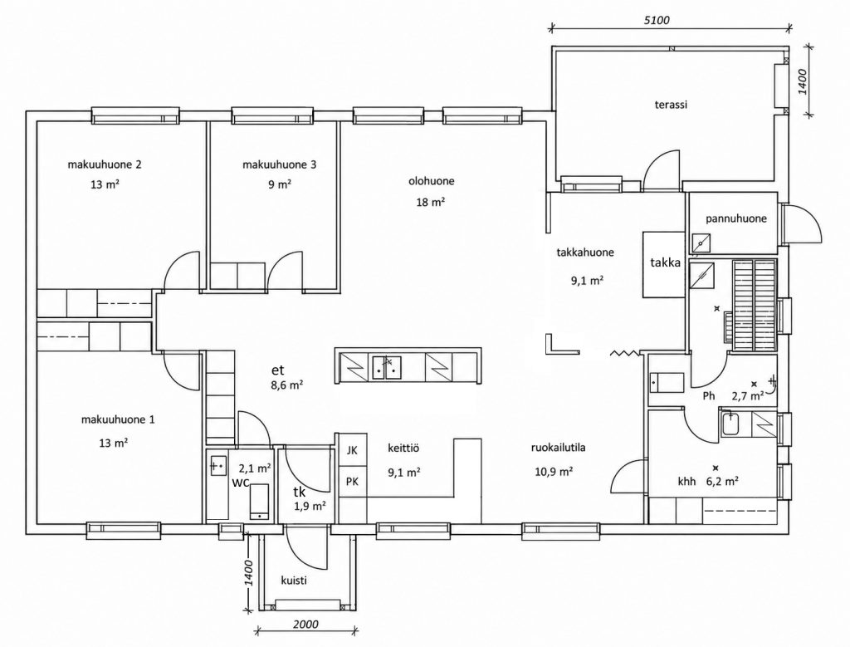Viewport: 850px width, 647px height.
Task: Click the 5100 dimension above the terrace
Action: click(x=657, y=21)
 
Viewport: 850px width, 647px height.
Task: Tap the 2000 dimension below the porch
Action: click(x=305, y=625)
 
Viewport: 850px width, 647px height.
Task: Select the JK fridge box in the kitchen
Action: click(x=352, y=449)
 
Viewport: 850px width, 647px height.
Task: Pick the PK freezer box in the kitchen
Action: click(x=352, y=482)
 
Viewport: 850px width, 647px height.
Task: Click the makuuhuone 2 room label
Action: click(x=105, y=164)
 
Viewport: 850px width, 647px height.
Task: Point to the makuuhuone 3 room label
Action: click(x=279, y=164)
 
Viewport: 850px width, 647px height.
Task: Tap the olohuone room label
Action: click(x=432, y=181)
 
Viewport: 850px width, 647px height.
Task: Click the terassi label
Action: click(x=671, y=105)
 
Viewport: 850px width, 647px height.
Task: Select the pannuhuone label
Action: click(x=736, y=218)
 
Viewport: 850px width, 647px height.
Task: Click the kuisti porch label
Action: click(x=294, y=581)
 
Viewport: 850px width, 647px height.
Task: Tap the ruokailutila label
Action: click(x=558, y=448)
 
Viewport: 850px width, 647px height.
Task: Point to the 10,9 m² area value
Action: click(x=554, y=471)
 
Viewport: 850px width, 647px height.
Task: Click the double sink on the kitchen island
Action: click(x=386, y=366)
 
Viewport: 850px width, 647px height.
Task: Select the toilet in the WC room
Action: click(x=259, y=501)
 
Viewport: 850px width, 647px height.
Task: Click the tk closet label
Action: click(x=299, y=493)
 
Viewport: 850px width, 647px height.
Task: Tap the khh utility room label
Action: click(x=686, y=482)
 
